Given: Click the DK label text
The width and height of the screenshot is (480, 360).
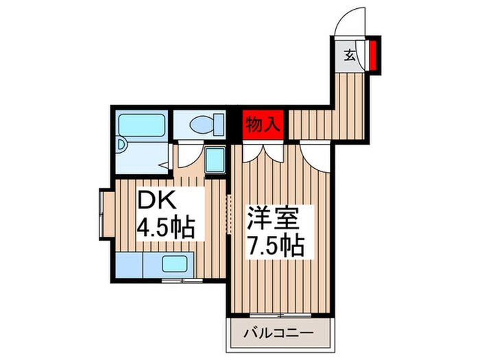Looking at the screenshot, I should click(158, 202).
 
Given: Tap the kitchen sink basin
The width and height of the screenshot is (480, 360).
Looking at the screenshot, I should click(176, 265).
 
